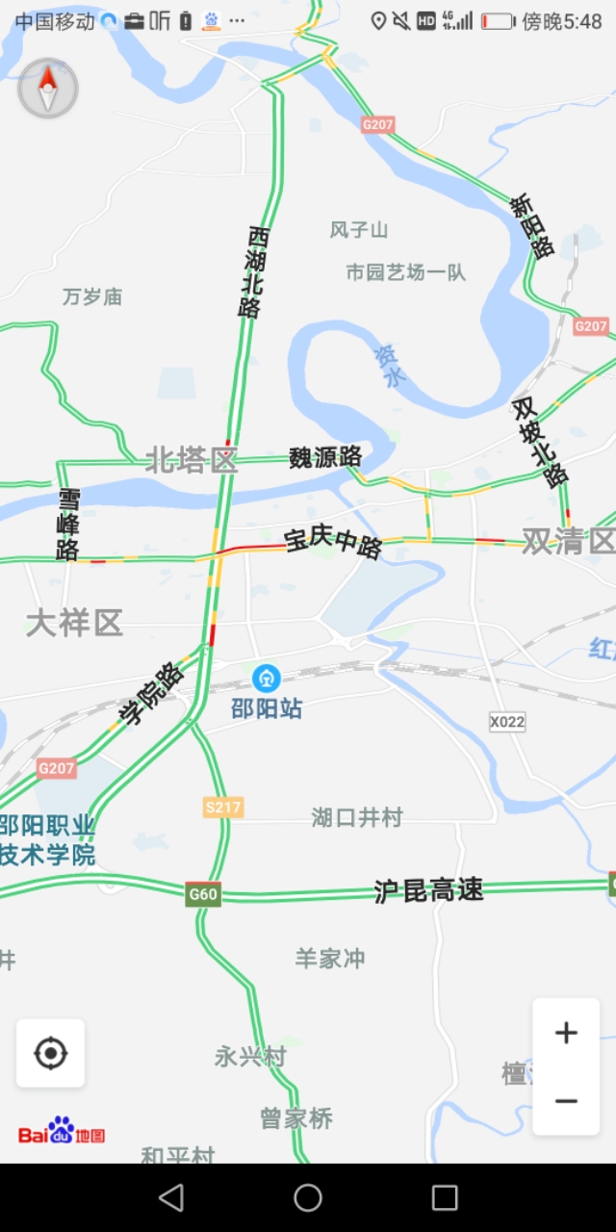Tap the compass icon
[x=48, y=89]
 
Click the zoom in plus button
[x=566, y=1034]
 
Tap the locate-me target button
[x=50, y=1054]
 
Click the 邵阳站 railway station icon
[x=267, y=679]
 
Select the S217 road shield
[x=223, y=808]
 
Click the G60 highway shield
[x=203, y=894]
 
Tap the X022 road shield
[x=507, y=722]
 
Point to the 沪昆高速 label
[x=428, y=890]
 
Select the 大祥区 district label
[x=74, y=623]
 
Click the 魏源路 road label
[x=325, y=457]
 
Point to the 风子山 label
[x=359, y=229]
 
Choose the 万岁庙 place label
[x=92, y=296]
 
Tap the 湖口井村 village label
[x=356, y=818]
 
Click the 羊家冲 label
[x=330, y=959]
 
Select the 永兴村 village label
[x=250, y=1057]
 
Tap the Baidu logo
[x=62, y=1133]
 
